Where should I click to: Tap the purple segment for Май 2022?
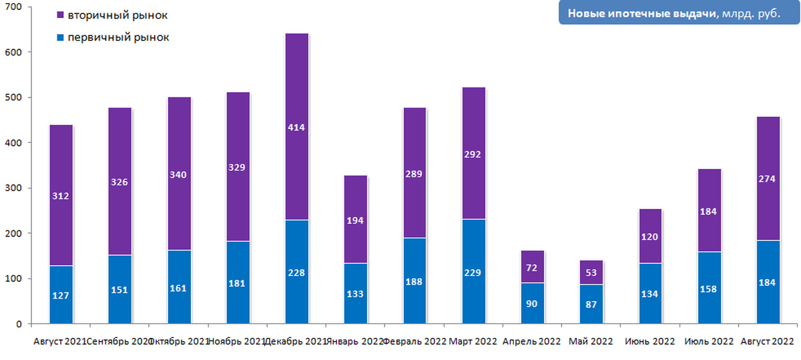tap(591, 273)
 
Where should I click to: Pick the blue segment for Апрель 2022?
tap(532, 304)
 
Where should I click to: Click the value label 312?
tap(61, 196)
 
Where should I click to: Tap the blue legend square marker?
tap(60, 37)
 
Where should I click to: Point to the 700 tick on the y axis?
tap(14, 7)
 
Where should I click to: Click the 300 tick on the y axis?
tap(14, 188)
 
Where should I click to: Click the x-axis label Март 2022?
tap(473, 341)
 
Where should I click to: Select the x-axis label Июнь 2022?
tap(650, 341)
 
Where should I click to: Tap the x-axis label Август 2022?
tap(768, 341)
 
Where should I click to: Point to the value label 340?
tap(179, 174)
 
